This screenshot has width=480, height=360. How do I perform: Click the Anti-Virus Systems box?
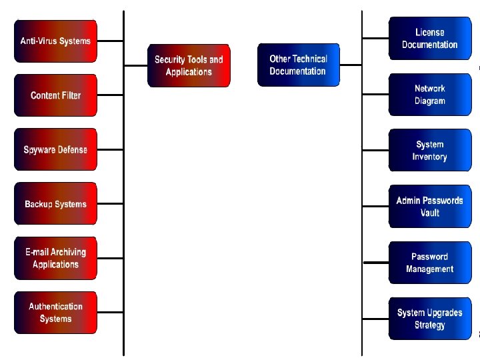point(55,41)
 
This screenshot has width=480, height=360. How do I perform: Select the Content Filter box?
point(55,95)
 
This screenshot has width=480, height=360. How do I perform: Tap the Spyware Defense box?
point(55,150)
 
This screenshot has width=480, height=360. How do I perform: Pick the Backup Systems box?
point(55,204)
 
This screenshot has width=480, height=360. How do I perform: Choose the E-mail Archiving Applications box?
point(55,258)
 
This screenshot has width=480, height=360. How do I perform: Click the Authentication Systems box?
point(55,313)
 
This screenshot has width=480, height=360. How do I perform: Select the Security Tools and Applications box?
point(189,65)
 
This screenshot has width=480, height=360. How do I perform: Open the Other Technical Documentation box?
point(298,65)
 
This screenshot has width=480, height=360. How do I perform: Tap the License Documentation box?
point(429,39)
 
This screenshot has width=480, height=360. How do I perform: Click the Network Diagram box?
point(429,95)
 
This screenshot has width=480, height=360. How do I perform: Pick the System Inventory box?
point(429,151)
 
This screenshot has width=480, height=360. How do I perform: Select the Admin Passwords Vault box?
point(429,207)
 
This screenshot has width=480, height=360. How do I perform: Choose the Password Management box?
point(429,263)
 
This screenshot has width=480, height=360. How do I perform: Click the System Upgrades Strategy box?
point(429,319)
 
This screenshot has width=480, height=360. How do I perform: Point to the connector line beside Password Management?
point(376,263)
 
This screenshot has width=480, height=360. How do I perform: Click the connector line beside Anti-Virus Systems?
point(110,41)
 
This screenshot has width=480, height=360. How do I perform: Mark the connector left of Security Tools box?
point(135,65)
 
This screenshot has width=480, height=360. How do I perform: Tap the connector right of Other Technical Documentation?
point(350,65)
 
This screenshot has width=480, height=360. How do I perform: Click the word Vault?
point(430,213)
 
